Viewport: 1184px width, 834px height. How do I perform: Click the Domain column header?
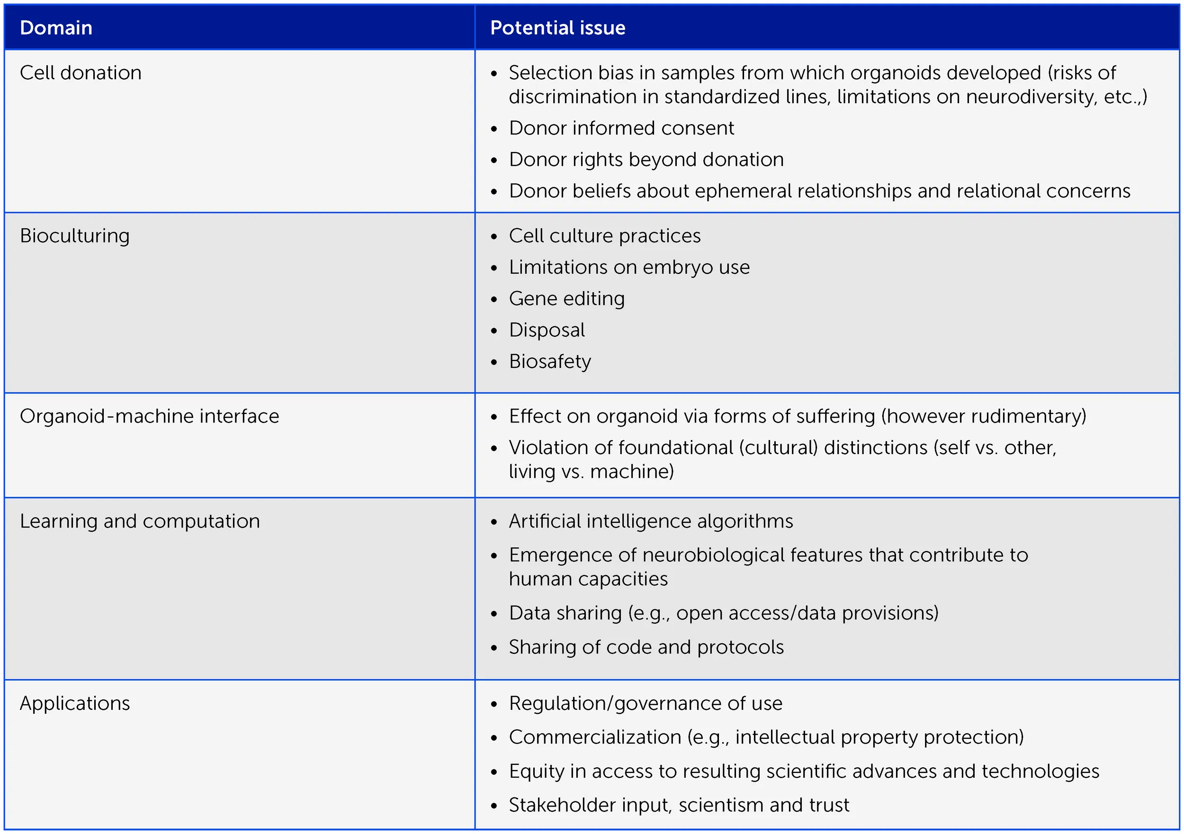click(x=56, y=28)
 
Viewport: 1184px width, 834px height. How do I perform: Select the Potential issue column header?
click(x=557, y=28)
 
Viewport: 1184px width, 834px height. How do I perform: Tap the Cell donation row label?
click(x=81, y=73)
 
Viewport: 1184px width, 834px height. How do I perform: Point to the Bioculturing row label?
click(x=75, y=236)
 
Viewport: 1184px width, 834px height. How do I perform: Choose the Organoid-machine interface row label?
click(x=149, y=416)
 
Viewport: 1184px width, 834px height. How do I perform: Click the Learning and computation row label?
click(x=140, y=521)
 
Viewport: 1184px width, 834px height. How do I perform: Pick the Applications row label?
click(x=75, y=703)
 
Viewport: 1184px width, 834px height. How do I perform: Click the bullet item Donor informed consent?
click(x=621, y=128)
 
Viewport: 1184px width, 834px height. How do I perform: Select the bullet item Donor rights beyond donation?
click(x=646, y=160)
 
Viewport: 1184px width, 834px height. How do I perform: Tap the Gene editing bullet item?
click(x=566, y=299)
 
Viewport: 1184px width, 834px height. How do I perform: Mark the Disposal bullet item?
click(x=547, y=330)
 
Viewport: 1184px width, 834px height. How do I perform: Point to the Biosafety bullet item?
click(x=550, y=361)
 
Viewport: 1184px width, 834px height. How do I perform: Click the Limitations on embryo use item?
click(x=629, y=267)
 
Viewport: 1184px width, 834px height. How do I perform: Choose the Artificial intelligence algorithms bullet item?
click(x=651, y=521)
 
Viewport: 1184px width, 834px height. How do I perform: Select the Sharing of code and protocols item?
click(x=646, y=647)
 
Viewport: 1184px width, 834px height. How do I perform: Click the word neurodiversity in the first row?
click(x=1031, y=97)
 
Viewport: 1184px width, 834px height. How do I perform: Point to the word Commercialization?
click(x=594, y=737)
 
